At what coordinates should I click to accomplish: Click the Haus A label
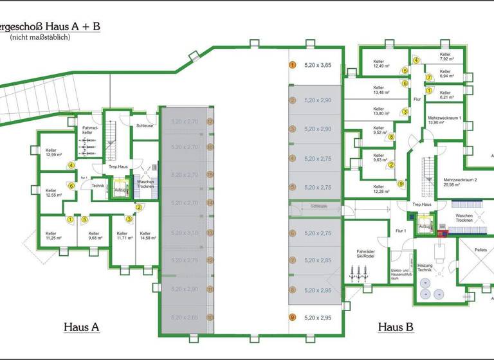[82, 327]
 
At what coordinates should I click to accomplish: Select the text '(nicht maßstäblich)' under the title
[40, 38]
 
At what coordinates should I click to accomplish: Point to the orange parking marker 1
[292, 65]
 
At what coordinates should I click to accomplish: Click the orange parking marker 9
[292, 317]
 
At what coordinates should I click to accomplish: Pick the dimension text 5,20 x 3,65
[317, 65]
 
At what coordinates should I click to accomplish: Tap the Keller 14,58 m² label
[145, 236]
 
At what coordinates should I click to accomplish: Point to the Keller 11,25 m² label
[53, 236]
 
